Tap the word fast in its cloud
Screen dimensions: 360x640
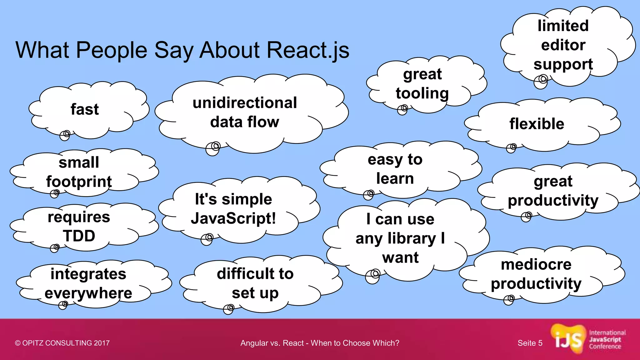pyautogui.click(x=84, y=109)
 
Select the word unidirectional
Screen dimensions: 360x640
pyautogui.click(x=245, y=103)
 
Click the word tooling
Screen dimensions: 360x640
pyautogui.click(x=422, y=93)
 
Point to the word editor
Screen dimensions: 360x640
pyautogui.click(x=563, y=45)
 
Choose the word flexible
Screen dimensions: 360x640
pyautogui.click(x=537, y=124)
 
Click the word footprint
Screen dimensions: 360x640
pyautogui.click(x=79, y=182)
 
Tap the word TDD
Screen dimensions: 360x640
pyautogui.click(x=79, y=236)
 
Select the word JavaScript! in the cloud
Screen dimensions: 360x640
pyautogui.click(x=233, y=218)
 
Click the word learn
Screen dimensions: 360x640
pyautogui.click(x=395, y=178)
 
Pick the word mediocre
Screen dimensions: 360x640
pyautogui.click(x=536, y=264)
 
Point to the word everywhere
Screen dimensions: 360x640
pyautogui.click(x=88, y=293)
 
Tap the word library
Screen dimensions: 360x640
pyautogui.click(x=412, y=238)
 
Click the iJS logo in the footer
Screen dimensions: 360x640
pyautogui.click(x=568, y=340)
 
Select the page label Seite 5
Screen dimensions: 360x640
pyautogui.click(x=530, y=343)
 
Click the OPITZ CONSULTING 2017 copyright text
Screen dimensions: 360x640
pyautogui.click(x=62, y=343)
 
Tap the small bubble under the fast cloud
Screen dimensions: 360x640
pyautogui.click(x=65, y=135)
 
